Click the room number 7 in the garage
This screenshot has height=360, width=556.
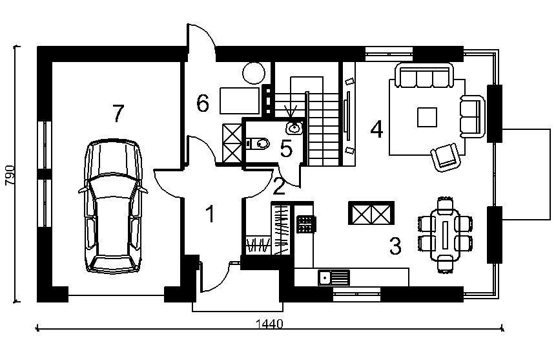pos(118,113)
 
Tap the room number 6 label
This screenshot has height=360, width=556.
pos(203,103)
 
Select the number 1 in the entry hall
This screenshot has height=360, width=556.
pos(211,214)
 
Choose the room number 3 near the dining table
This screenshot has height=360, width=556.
pos(395,246)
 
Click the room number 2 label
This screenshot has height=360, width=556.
pos(279,186)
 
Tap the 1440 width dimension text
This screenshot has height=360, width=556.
pos(269,324)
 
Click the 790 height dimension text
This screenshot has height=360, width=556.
pos(10,175)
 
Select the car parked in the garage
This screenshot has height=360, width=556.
pos(113,206)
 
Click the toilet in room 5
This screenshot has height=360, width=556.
pos(258,143)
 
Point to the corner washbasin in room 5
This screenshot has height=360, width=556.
pos(294,127)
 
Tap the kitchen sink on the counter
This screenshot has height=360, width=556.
pos(334,278)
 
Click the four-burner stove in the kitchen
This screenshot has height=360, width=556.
pos(305,224)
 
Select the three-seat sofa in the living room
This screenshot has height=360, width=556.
pos(425,75)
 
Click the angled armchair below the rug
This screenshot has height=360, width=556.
pos(445,157)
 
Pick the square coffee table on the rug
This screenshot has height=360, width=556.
pos(427,117)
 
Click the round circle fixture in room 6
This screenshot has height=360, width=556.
pos(254,73)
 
